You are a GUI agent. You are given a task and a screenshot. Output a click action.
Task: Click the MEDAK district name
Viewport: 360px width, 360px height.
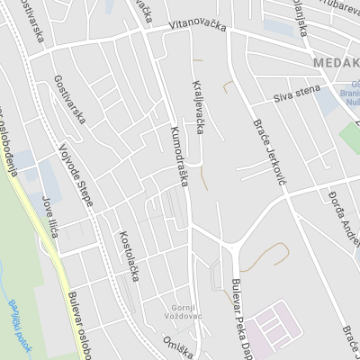click(x=337, y=63)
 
